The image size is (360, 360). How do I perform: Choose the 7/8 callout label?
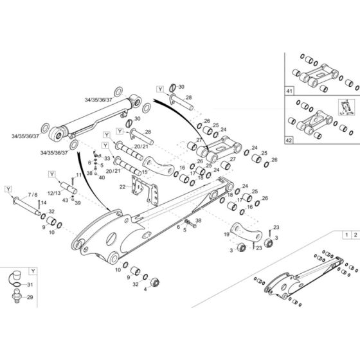[32, 195]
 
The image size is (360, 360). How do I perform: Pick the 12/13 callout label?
[53, 193]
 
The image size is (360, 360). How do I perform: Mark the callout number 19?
[226, 235]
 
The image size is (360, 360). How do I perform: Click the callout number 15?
[145, 172]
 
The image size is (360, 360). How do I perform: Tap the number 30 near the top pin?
[181, 87]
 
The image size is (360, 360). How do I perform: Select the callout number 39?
[78, 203]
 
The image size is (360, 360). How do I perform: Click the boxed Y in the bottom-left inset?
[33, 271]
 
